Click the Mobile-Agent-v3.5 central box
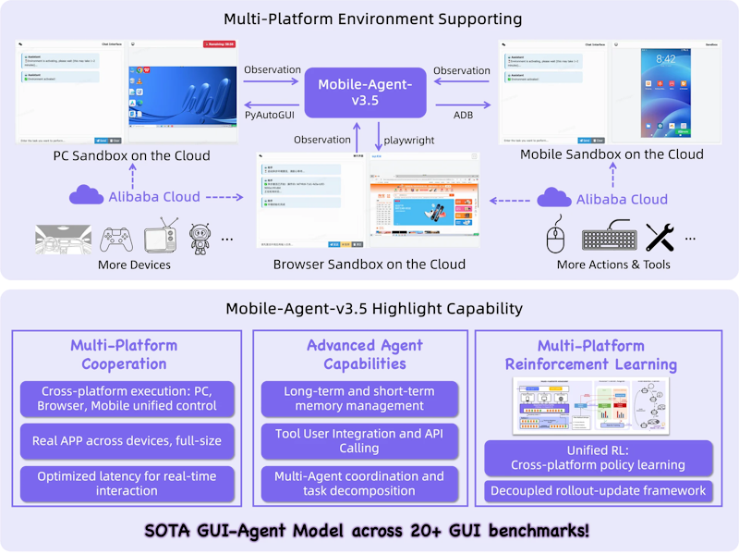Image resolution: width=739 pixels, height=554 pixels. coord(366,92)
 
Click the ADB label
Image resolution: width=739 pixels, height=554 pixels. coord(462,115)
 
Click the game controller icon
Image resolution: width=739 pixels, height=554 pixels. coord(115,238)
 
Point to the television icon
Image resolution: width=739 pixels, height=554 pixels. coord(163,238)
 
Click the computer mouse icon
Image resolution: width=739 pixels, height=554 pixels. coord(555,238)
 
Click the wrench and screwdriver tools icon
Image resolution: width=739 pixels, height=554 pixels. coord(661,238)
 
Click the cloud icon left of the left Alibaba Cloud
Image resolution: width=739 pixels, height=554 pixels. coord(87,196)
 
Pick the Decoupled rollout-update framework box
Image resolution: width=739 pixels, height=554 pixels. coord(599,491)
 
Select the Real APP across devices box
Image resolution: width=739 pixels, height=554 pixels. coord(127,440)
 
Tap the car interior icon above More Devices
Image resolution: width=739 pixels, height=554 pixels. coord(64,238)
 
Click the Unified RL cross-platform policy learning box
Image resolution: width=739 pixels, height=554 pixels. coord(599,457)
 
